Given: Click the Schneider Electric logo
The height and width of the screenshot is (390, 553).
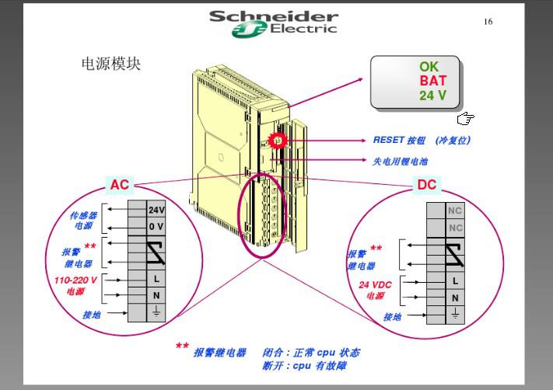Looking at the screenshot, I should pyautogui.click(x=274, y=23).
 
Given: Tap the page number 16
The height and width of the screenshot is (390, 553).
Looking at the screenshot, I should pyautogui.click(x=488, y=22).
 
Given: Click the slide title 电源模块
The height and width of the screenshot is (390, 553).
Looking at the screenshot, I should pyautogui.click(x=111, y=64).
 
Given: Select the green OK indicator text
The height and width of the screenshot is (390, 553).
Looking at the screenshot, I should pyautogui.click(x=429, y=68).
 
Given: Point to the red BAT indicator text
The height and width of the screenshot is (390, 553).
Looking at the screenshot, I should pyautogui.click(x=433, y=81).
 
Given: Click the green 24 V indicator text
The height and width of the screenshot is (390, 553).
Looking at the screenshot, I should pyautogui.click(x=433, y=96).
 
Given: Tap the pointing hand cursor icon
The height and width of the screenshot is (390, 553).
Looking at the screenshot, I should pyautogui.click(x=465, y=119).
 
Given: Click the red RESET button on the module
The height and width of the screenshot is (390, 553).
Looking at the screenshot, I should pyautogui.click(x=276, y=141).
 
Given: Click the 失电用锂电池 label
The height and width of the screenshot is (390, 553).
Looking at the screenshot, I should pyautogui.click(x=400, y=162).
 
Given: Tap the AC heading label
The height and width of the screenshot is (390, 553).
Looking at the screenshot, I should pyautogui.click(x=120, y=185).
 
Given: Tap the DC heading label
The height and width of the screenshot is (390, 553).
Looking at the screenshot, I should pyautogui.click(x=427, y=185).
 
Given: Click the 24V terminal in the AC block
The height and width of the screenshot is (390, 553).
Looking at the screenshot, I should pyautogui.click(x=156, y=210).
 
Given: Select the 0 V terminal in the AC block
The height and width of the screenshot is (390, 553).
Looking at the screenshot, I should pyautogui.click(x=156, y=227).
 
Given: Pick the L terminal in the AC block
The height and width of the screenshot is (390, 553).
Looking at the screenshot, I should pyautogui.click(x=156, y=278).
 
